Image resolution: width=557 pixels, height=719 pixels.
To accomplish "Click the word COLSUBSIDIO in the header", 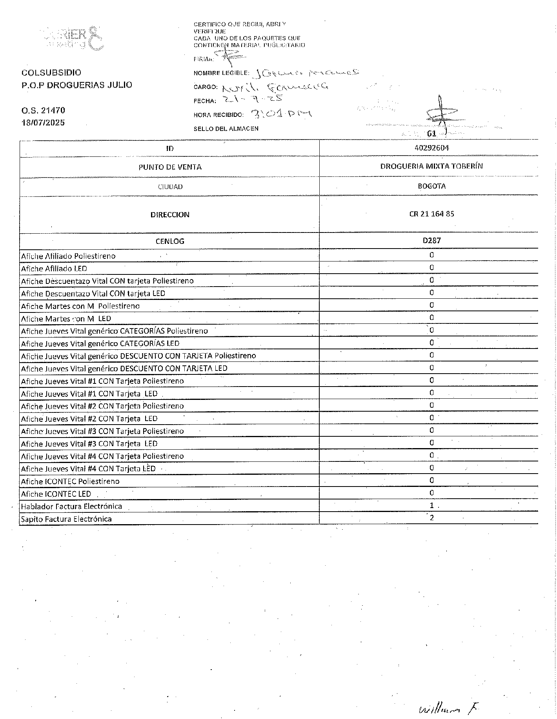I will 51,73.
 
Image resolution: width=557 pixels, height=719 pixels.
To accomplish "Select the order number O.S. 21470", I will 43,111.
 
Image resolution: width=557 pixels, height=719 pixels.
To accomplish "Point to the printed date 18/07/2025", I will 43,123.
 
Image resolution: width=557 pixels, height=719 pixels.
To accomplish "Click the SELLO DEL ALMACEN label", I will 226,129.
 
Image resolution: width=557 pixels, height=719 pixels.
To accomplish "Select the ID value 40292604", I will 431,148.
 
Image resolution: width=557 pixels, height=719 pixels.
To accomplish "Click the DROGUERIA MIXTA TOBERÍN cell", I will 431,166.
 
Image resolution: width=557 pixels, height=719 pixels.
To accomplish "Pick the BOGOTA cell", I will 431,186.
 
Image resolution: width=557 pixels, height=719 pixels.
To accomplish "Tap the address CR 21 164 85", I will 431,214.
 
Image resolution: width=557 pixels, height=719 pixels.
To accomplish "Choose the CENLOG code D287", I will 431,240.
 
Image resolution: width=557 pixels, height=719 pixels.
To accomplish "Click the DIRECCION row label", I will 170,215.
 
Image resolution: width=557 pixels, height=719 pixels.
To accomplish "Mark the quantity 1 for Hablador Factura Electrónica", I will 431,506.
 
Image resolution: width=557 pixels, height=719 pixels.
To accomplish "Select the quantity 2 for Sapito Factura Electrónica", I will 432,518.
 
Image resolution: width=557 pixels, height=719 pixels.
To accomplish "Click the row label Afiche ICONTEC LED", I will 56,494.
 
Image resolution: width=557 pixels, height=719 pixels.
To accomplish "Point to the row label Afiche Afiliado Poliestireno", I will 68,256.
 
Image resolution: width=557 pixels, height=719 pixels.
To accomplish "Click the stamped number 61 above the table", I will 431,134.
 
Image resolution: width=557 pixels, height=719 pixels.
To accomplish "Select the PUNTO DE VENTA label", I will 170,167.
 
